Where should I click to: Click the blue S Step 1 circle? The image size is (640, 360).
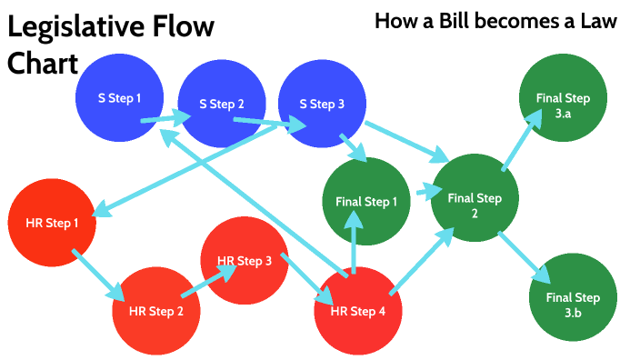point(119,96)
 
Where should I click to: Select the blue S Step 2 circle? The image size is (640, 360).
point(221,104)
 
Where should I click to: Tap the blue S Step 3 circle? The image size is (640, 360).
point(322,104)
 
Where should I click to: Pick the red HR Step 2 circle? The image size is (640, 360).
point(155,310)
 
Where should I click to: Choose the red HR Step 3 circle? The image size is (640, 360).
point(244,261)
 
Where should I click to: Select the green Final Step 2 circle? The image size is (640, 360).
point(475,197)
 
